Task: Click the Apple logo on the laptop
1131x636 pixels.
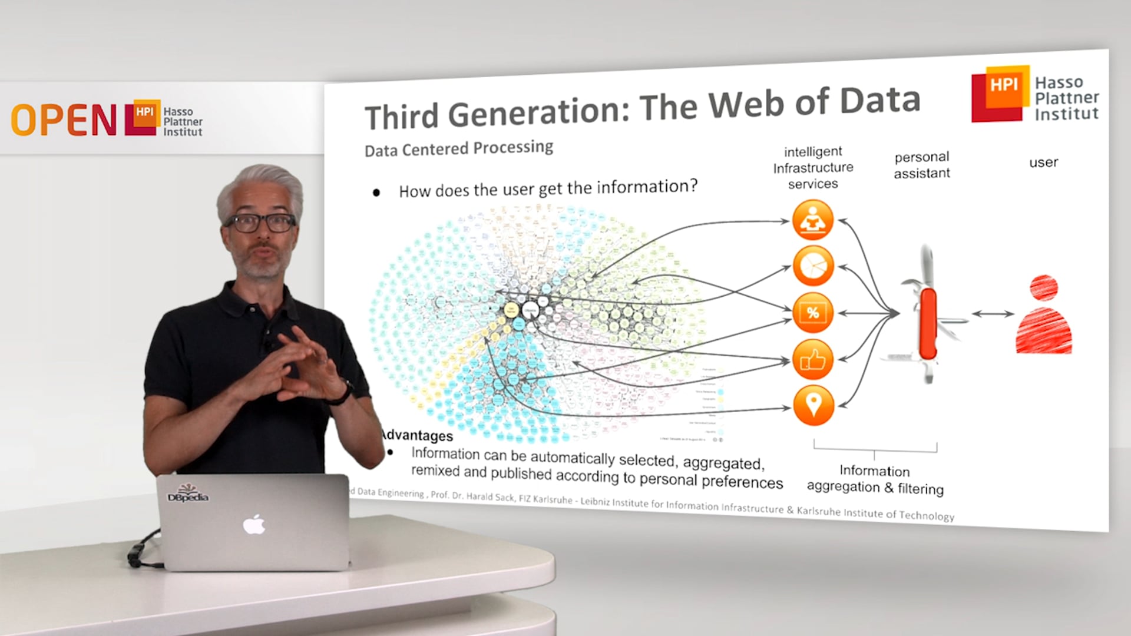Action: click(x=254, y=524)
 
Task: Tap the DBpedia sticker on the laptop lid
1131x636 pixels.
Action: click(x=188, y=494)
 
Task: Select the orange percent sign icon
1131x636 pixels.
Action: click(x=813, y=313)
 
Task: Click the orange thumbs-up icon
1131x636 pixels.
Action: click(x=813, y=359)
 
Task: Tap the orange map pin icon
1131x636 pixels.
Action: click(x=813, y=405)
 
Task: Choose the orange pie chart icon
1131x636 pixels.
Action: click(x=813, y=266)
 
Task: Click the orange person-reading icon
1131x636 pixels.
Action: click(x=813, y=220)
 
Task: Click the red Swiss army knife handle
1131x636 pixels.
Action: click(x=928, y=323)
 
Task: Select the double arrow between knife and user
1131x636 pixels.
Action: click(x=993, y=314)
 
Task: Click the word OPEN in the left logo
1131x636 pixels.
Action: click(x=64, y=120)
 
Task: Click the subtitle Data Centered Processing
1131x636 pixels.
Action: click(x=458, y=148)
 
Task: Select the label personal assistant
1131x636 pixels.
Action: click(x=922, y=165)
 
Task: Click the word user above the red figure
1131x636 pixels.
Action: click(x=1043, y=163)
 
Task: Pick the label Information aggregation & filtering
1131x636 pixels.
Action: click(x=875, y=479)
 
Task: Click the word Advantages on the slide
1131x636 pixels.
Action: click(x=417, y=435)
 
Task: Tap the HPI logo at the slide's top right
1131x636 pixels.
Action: click(x=1001, y=94)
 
